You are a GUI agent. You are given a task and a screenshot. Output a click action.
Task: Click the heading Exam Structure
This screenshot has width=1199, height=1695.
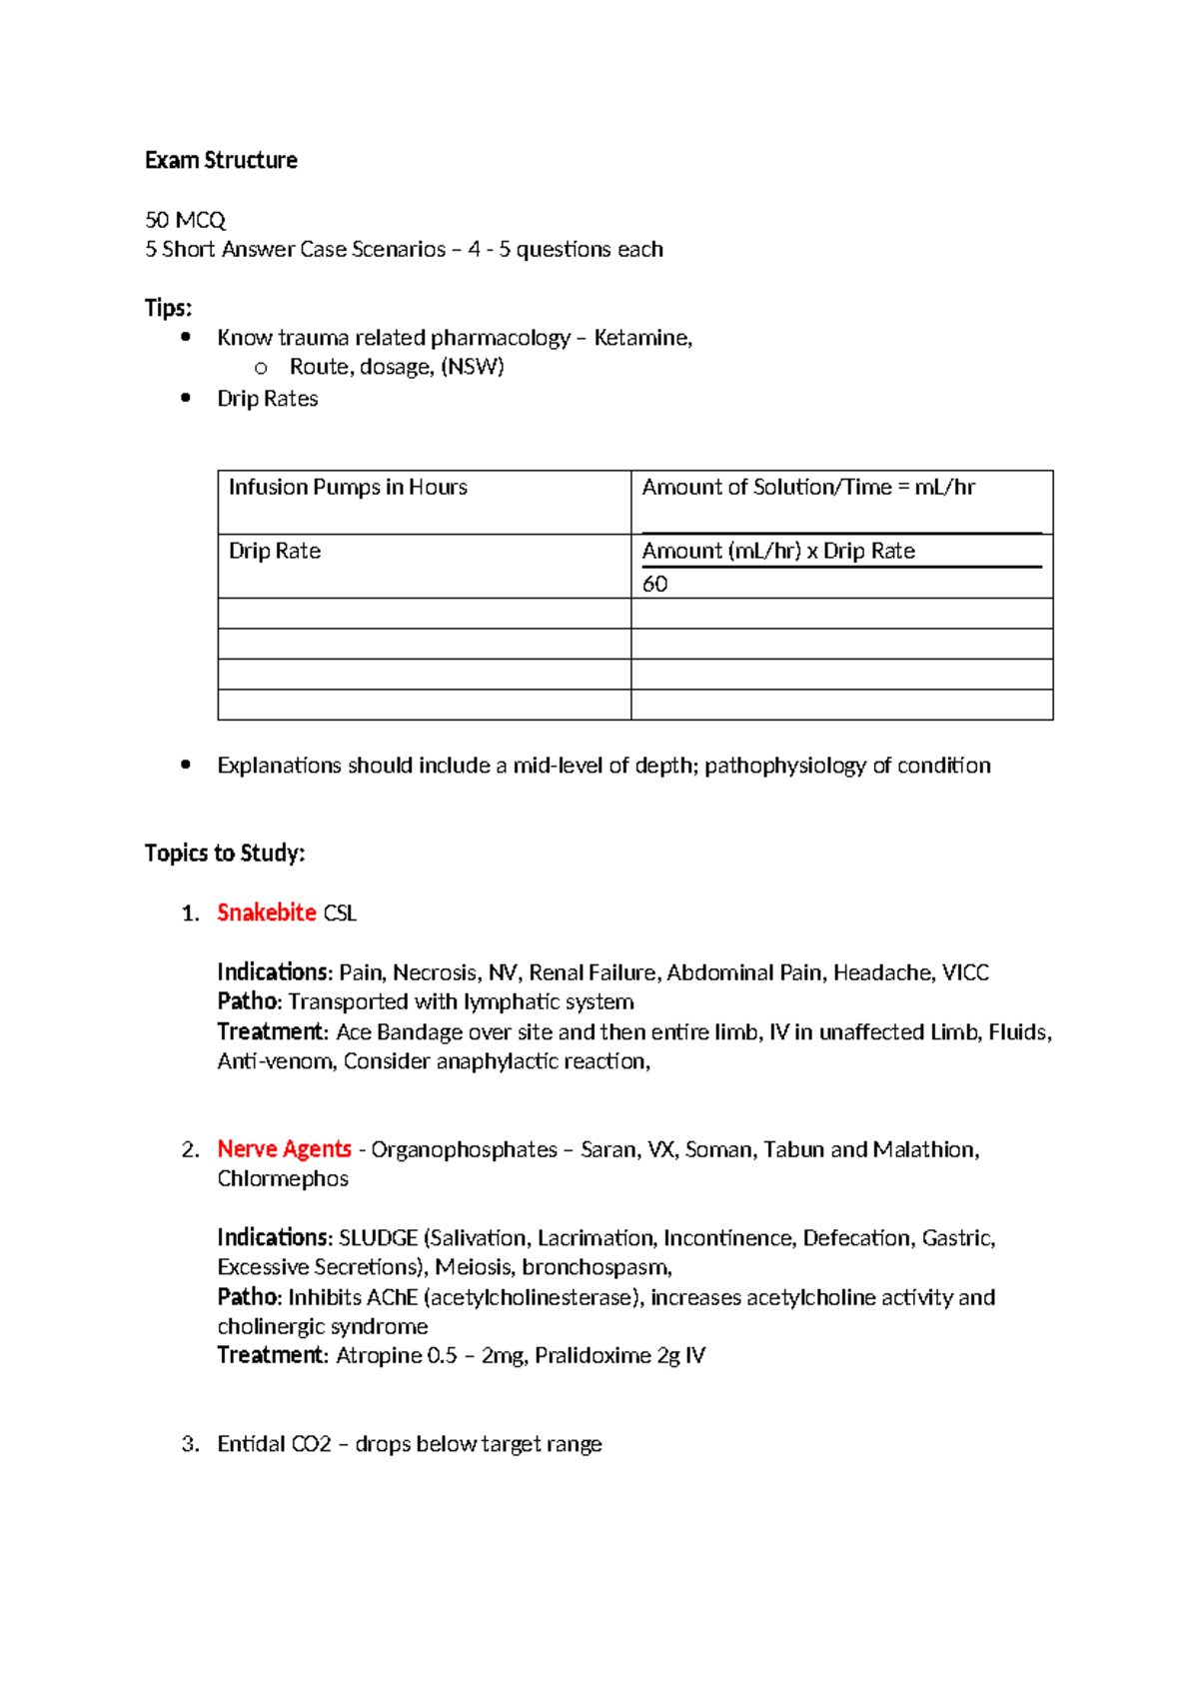[x=221, y=160]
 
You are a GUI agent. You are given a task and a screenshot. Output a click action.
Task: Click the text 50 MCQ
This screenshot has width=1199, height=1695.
[x=186, y=220]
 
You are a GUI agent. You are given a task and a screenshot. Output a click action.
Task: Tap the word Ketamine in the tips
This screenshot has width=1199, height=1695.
[x=641, y=338]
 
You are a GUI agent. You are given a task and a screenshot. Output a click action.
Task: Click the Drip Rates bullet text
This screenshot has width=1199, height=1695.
[x=268, y=399]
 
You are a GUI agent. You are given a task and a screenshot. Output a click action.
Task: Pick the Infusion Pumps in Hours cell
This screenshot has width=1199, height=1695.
[x=348, y=488]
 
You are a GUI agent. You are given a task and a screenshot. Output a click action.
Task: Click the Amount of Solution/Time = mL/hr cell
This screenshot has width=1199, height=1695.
[x=808, y=488]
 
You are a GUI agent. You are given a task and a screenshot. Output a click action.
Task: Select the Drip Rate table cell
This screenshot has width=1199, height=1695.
[x=275, y=552]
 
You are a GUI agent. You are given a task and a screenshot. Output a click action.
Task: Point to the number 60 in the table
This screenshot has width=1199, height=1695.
[x=655, y=585]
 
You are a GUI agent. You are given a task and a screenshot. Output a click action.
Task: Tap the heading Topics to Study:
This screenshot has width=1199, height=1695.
[x=225, y=853]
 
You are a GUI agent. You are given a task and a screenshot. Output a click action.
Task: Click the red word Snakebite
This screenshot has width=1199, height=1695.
[x=267, y=913]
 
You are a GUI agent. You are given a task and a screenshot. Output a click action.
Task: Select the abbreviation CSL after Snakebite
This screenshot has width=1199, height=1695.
[x=340, y=913]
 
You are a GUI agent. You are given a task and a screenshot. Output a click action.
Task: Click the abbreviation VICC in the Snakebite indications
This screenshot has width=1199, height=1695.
[x=965, y=973]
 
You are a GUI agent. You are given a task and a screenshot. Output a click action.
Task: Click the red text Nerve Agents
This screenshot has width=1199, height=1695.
[x=285, y=1150]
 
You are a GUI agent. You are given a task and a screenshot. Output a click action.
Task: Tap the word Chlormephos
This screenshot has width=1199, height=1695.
[x=283, y=1179]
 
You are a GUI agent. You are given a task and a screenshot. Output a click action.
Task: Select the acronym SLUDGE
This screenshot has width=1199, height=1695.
[x=378, y=1238]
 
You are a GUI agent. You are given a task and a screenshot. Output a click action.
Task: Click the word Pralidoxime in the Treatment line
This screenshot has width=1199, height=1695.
[x=593, y=1356]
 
